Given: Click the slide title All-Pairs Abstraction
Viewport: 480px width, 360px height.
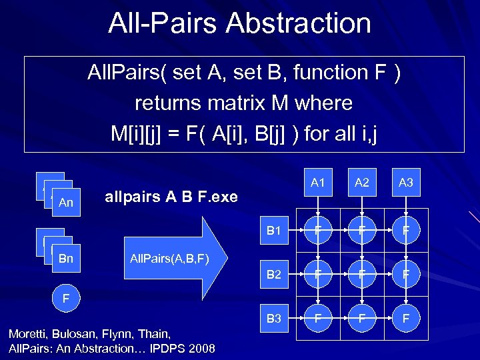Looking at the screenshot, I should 240,23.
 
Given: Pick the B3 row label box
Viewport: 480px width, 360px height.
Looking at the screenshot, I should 273,319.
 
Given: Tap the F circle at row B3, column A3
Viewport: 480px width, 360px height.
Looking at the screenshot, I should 406,319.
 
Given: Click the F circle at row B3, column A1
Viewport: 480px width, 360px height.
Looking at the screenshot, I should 317,319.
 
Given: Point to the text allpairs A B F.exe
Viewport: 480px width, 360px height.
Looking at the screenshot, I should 171,197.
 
